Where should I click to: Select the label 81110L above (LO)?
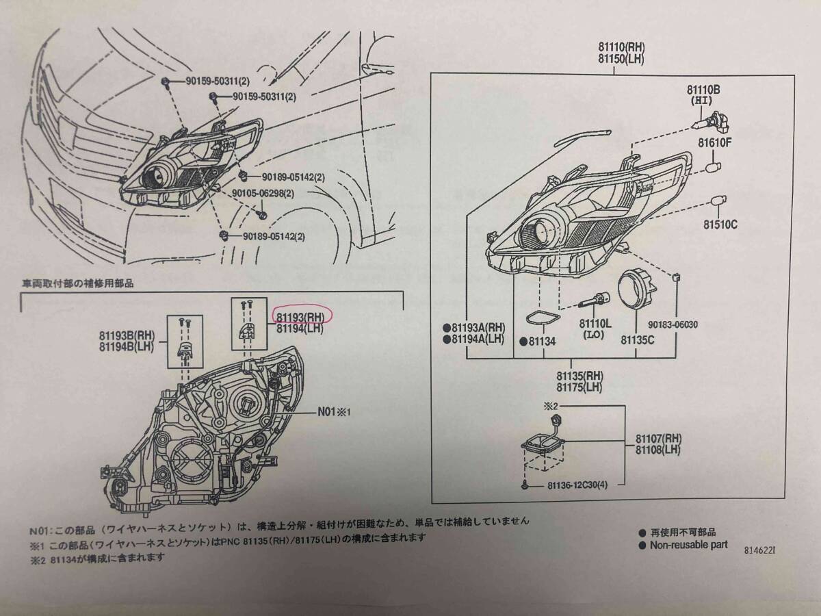click(x=597, y=322)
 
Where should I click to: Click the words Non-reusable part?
click(x=688, y=545)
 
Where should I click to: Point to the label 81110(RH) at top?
click(x=621, y=47)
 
